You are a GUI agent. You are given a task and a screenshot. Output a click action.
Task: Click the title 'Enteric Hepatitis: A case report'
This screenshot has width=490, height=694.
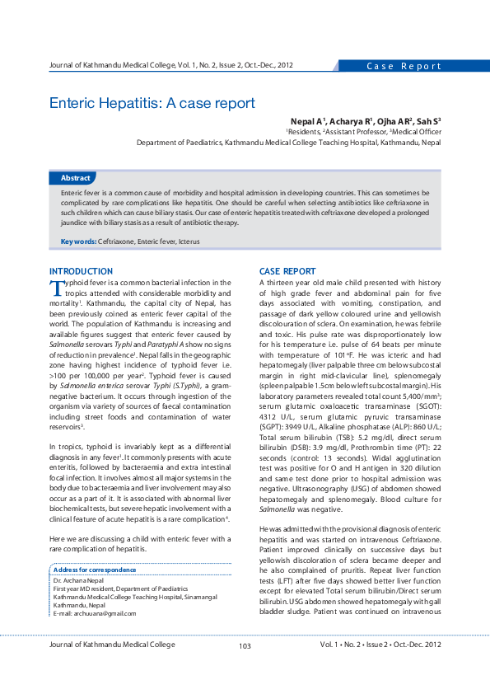tap(152, 104)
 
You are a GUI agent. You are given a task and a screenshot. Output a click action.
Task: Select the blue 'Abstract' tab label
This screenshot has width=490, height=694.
tap(76, 178)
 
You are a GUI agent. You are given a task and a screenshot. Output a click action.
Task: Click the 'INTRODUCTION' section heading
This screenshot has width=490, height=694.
tap(82, 271)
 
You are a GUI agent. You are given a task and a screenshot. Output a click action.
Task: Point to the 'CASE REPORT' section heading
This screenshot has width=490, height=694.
tap(287, 271)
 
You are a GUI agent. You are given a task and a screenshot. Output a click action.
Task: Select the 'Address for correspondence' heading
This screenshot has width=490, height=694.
tap(94, 570)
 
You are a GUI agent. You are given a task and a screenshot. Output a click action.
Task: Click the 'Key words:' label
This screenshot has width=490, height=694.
tap(78, 241)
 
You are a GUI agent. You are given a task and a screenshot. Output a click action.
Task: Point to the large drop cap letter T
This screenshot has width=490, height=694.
tap(56, 287)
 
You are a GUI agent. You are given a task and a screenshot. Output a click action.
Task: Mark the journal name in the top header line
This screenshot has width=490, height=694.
tap(170, 64)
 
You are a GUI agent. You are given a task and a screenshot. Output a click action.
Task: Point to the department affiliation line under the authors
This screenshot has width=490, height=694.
tap(288, 142)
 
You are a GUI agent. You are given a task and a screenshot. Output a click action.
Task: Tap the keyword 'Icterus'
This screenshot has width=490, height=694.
tap(186, 241)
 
